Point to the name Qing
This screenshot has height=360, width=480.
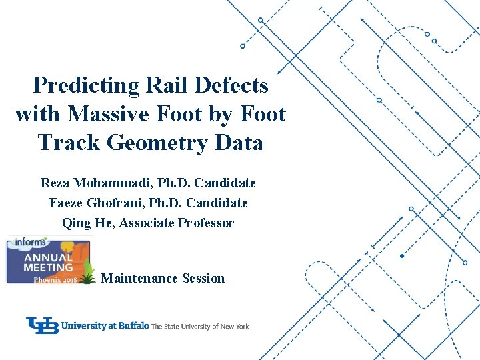pos(75,223)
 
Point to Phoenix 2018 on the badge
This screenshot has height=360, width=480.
pos(56,279)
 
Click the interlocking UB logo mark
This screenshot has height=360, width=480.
pos(43,325)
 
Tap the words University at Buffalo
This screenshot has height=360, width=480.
pos(105,326)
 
